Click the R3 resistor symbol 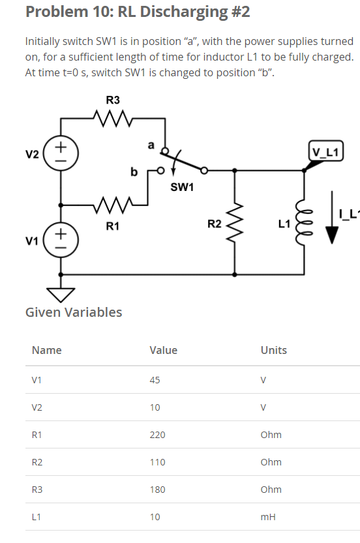(x=113, y=119)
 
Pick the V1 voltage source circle (x=61, y=239)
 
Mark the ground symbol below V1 (x=61, y=294)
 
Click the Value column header (x=163, y=350)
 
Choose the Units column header (x=273, y=350)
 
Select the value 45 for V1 (x=155, y=380)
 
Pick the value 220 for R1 (x=157, y=435)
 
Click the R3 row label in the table (x=37, y=490)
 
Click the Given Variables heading (x=74, y=312)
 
